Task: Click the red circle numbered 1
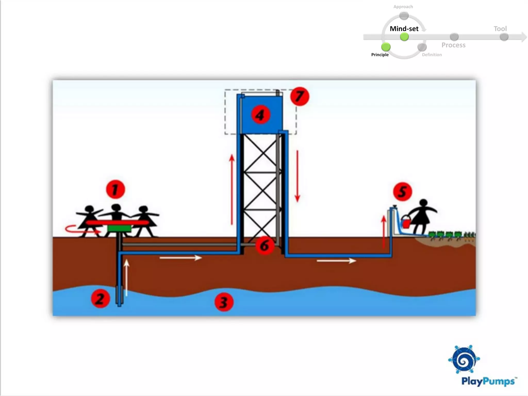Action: point(115,189)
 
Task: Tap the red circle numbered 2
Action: point(100,299)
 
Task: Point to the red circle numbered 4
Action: point(261,115)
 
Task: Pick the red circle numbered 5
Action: point(402,192)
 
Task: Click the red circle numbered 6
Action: point(265,245)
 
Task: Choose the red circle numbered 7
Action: point(300,96)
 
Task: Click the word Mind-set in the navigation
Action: point(404,29)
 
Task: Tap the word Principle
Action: point(380,55)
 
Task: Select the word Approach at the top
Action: point(403,7)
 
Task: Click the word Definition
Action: point(432,55)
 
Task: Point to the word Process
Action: point(453,45)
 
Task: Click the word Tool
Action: point(500,29)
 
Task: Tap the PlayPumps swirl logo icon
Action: point(464,359)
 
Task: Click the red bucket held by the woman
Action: point(406,222)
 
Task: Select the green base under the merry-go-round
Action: point(119,228)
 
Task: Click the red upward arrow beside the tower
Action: point(232,189)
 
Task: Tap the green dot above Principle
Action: point(386,47)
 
